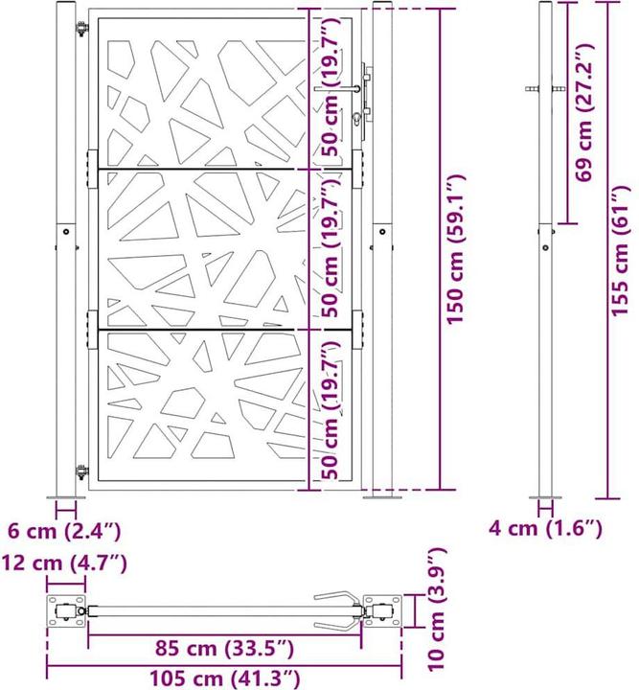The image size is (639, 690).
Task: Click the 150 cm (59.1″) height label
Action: click(x=456, y=249)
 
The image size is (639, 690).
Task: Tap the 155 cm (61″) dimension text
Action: click(x=620, y=250)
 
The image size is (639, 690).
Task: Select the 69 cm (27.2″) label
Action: click(x=585, y=113)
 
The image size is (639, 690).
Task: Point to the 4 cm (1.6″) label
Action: click(x=545, y=528)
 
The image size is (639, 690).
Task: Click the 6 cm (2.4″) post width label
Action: click(x=64, y=531)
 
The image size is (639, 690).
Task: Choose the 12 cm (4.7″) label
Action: click(x=64, y=563)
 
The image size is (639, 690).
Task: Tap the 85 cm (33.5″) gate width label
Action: click(x=224, y=648)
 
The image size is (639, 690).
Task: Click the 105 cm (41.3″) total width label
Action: click(x=225, y=678)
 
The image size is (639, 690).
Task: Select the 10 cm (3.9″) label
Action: click(x=437, y=609)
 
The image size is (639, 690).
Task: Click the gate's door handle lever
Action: click(x=337, y=89)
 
